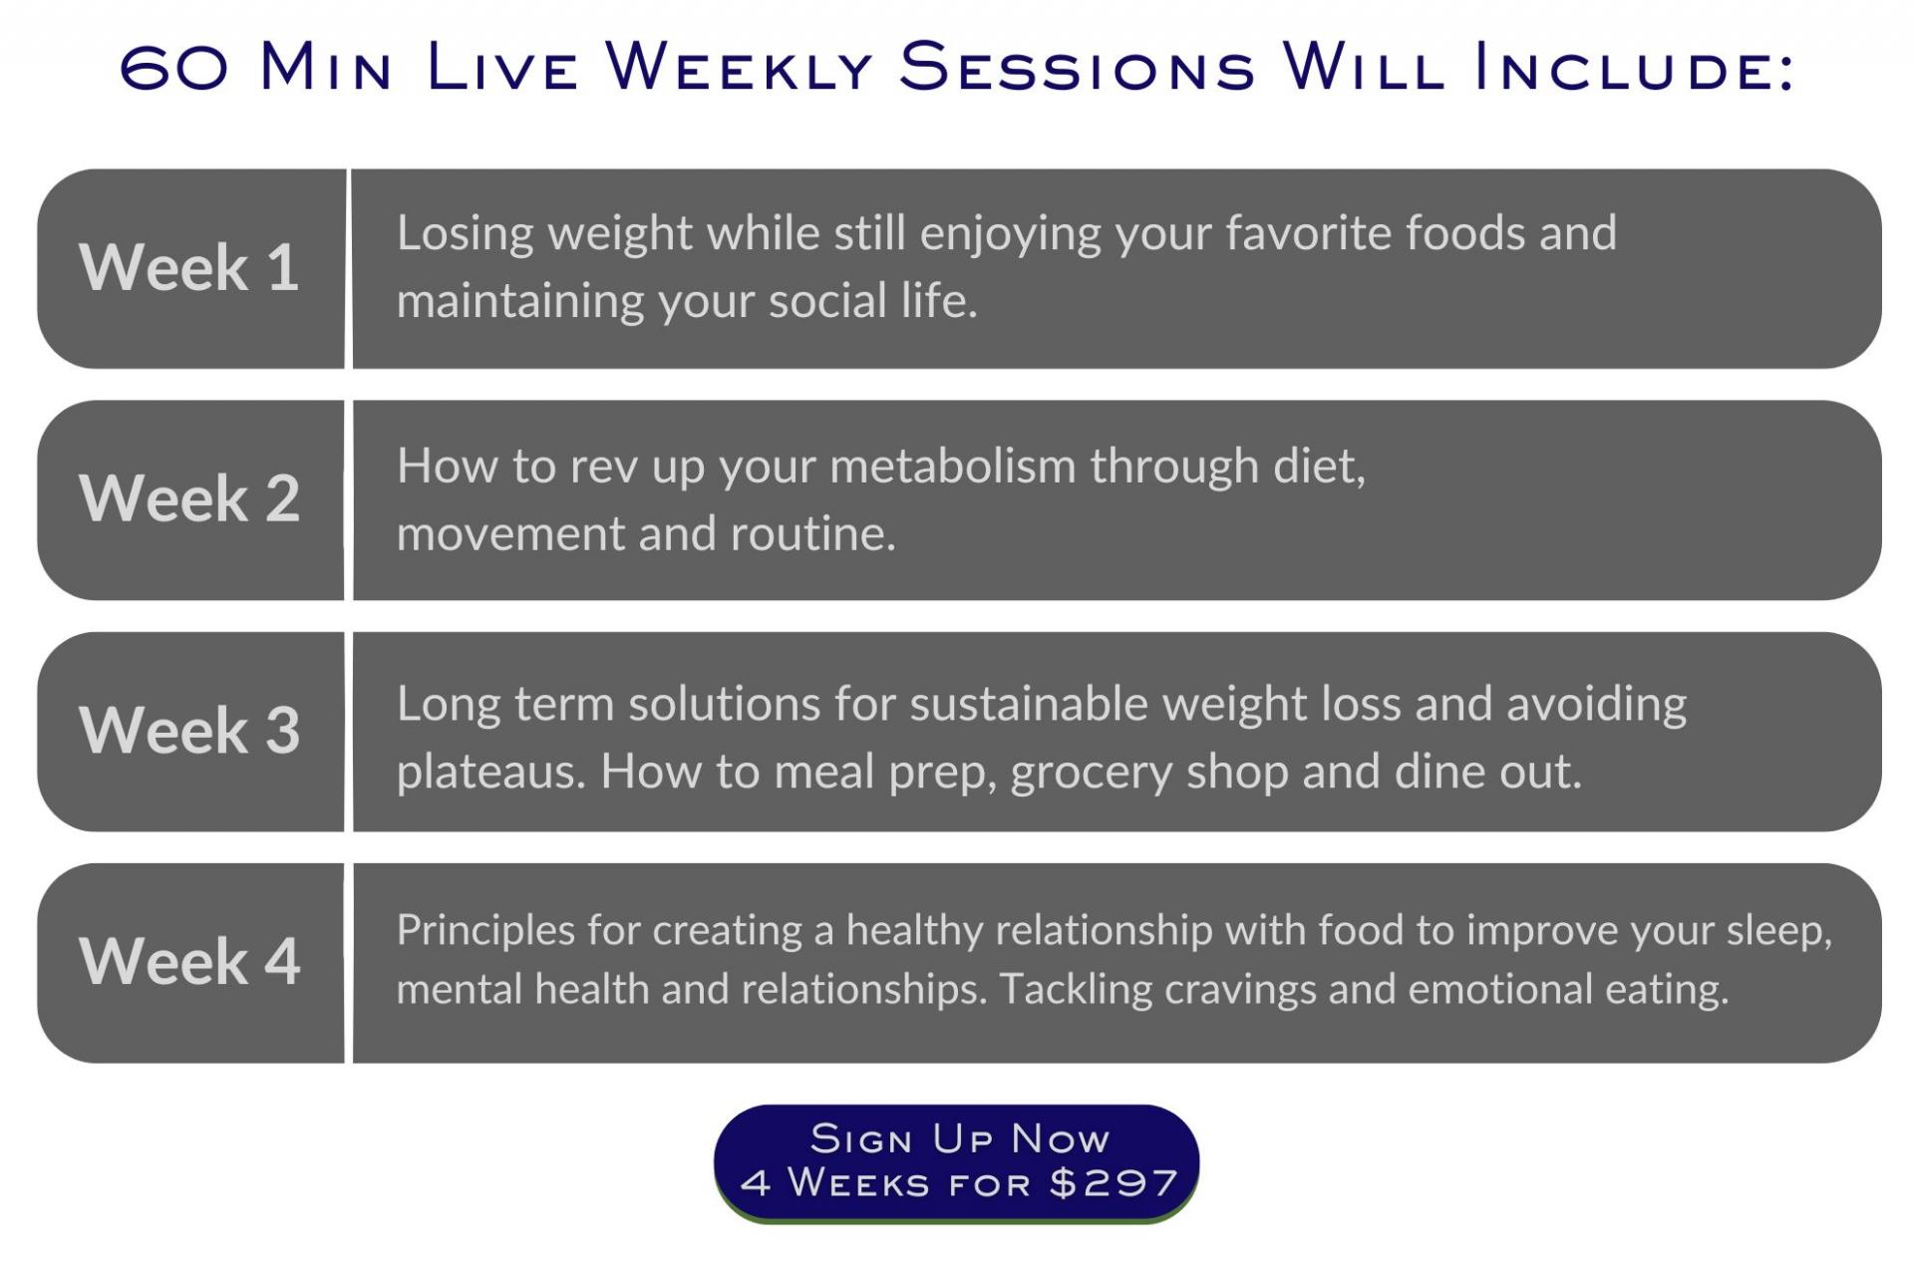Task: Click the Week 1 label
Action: point(189,267)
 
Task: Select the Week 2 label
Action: point(189,498)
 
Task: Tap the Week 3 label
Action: point(189,730)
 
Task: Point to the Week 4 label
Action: point(189,961)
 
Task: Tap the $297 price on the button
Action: point(1114,1183)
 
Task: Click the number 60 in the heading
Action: point(174,69)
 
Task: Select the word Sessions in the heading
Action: point(1077,67)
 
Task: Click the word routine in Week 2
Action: point(813,534)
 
